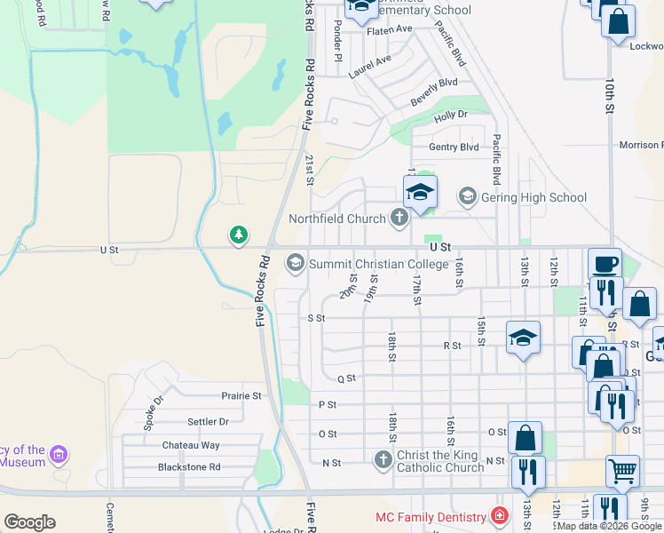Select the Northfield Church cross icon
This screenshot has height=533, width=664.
pos(399,218)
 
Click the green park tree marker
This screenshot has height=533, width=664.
pos(238,235)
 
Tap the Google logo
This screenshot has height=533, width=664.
pos(29,521)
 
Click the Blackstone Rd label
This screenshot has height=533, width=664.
pos(188,466)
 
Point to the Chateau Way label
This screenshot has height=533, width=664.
pos(190,445)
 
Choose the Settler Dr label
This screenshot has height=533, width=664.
pos(208,421)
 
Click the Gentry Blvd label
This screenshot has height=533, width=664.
pos(454,147)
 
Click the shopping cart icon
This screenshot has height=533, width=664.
pos(622,471)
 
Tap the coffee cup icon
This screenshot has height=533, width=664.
pos(605,264)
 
